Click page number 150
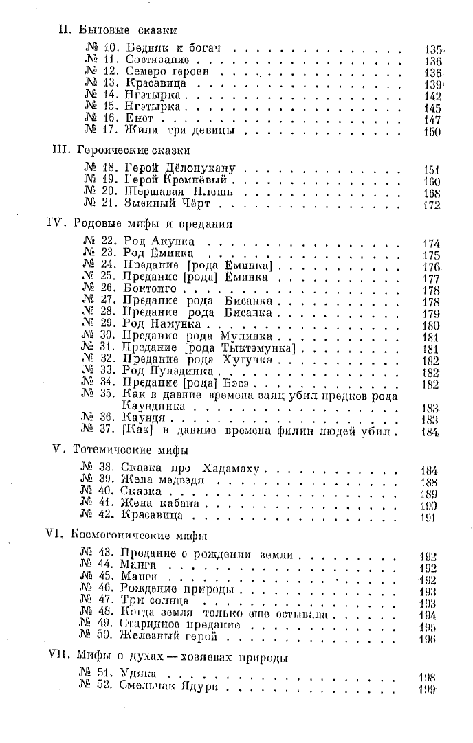point(432,131)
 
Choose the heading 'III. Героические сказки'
point(122,149)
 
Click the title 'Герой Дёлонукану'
point(181,169)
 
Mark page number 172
point(432,205)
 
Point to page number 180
point(432,325)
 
